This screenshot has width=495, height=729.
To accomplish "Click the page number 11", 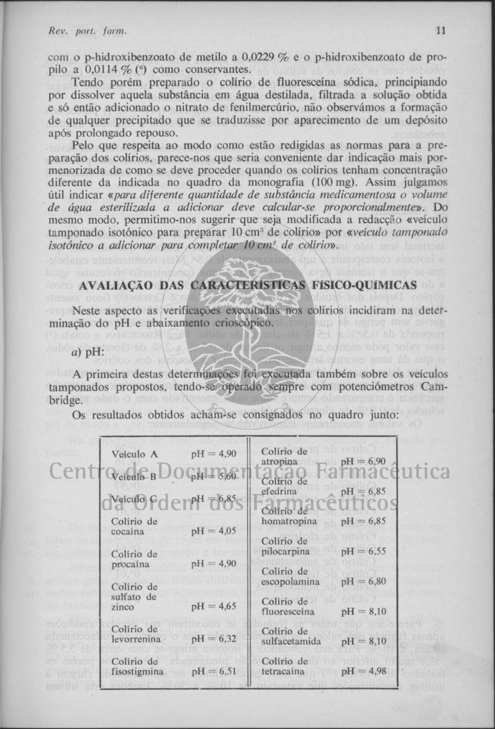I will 441,31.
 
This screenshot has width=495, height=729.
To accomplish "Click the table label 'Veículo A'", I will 134,454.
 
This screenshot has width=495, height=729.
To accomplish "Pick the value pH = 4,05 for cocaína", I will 213,531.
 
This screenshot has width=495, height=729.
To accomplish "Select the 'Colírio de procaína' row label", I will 135,559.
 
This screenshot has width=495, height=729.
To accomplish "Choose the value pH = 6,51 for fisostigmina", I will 213,671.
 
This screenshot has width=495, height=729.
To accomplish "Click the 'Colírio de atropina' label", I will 284,456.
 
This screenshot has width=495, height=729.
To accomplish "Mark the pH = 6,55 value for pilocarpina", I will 363,551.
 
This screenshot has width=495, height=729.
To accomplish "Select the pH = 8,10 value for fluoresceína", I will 363,612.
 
